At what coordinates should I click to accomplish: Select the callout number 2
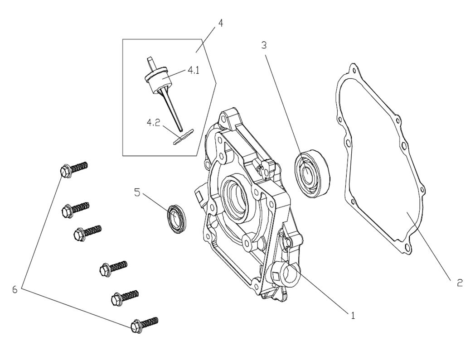click(x=459, y=283)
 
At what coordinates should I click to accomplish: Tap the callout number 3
click(x=264, y=45)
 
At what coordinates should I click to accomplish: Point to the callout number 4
click(x=220, y=23)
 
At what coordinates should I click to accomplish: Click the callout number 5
click(x=137, y=192)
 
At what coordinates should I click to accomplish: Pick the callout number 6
click(x=15, y=289)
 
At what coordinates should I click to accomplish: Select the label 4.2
click(x=153, y=123)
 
